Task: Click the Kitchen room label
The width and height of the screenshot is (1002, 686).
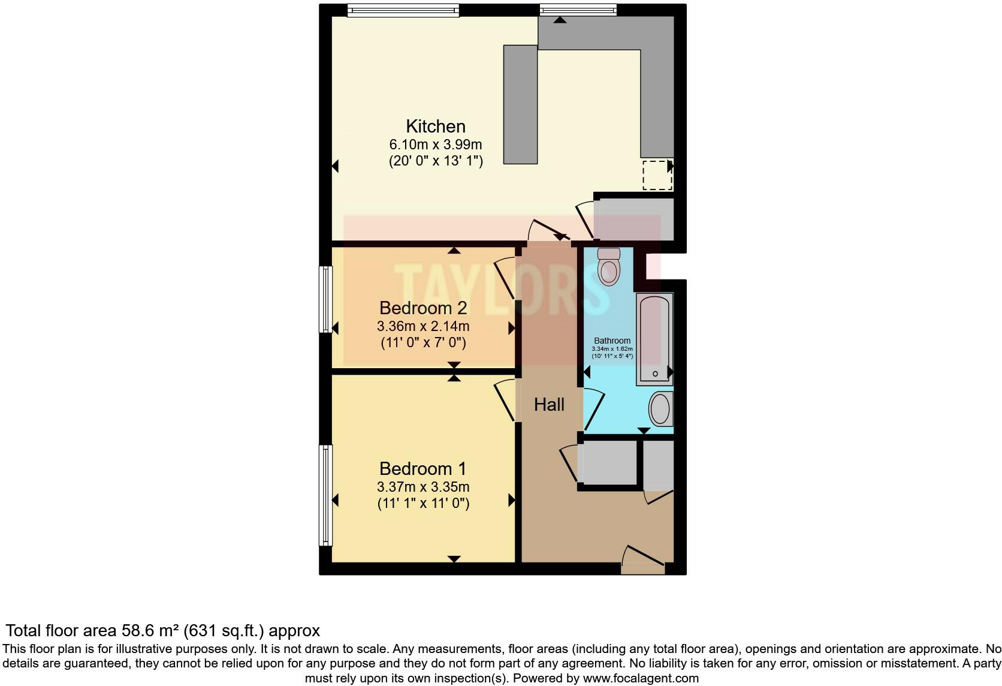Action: click(435, 127)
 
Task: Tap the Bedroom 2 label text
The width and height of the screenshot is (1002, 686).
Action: click(422, 308)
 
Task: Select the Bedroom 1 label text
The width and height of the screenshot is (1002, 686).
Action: click(422, 468)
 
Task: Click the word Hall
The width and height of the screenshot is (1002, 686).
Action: click(549, 405)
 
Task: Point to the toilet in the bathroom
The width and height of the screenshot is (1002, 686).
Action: click(609, 267)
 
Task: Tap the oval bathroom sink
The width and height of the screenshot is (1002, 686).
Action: click(660, 409)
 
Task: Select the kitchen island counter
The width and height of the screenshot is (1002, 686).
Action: click(520, 104)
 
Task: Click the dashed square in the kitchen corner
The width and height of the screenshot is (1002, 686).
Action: click(657, 175)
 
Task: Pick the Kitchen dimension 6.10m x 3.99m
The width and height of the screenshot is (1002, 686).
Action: click(435, 145)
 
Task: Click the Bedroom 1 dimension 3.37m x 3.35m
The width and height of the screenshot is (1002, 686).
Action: click(422, 487)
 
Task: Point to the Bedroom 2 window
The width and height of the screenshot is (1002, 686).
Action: click(325, 299)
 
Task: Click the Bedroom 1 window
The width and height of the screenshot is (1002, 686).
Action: click(325, 495)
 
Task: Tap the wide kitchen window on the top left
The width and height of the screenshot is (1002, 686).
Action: click(403, 10)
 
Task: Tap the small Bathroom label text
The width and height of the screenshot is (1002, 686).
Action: click(612, 341)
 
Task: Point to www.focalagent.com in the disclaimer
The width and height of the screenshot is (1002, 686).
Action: click(640, 679)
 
